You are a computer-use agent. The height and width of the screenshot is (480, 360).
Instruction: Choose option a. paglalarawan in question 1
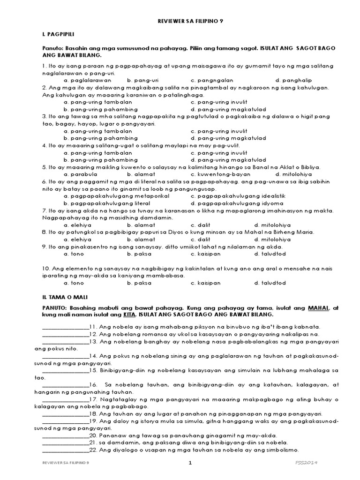coord(85,80)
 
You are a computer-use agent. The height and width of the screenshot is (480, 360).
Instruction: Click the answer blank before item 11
coord(65,327)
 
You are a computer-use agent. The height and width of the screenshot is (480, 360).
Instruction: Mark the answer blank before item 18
coord(65,414)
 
